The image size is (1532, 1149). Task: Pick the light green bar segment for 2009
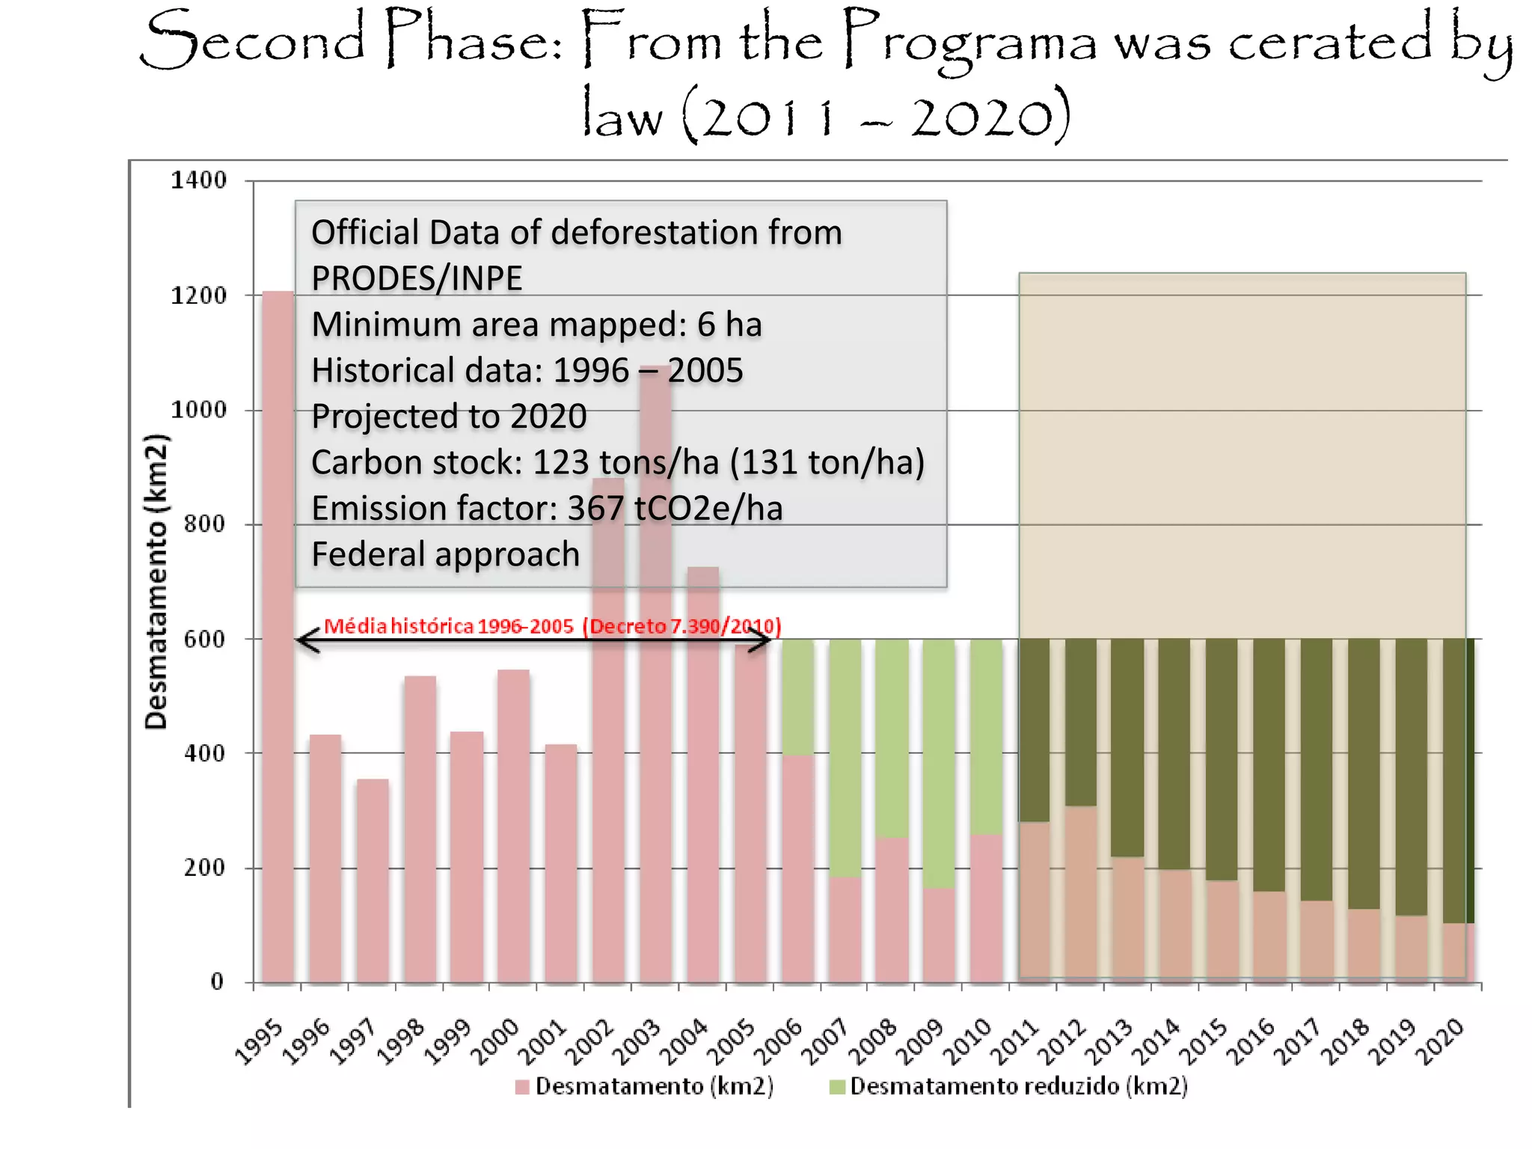[939, 763]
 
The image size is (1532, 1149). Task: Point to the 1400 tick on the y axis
[198, 180]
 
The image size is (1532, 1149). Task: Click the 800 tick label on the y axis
[204, 524]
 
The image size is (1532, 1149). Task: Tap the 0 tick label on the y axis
[217, 981]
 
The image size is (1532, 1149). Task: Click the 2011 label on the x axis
[1015, 1041]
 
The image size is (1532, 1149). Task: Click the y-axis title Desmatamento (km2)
[156, 581]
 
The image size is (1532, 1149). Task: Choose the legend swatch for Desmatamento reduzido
[837, 1087]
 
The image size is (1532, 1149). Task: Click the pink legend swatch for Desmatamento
[522, 1087]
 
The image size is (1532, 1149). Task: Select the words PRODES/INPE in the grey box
[417, 278]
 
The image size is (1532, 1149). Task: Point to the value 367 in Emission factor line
[595, 509]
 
